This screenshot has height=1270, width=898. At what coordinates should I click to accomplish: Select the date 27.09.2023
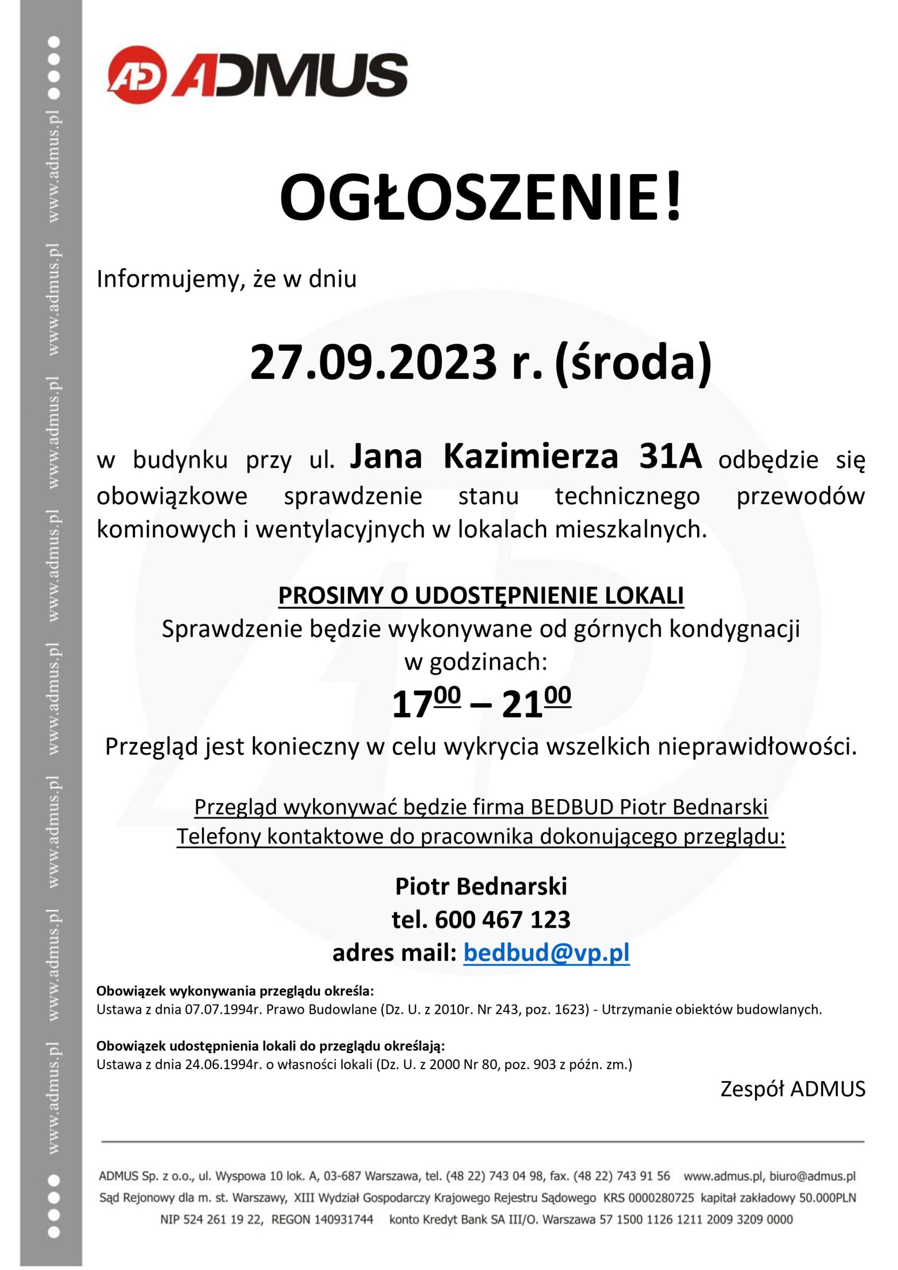[x=373, y=362]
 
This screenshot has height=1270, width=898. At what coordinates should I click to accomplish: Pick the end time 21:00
[x=536, y=703]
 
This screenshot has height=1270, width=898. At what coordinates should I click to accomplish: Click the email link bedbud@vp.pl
[x=546, y=952]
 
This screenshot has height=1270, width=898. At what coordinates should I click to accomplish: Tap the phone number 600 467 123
[x=503, y=919]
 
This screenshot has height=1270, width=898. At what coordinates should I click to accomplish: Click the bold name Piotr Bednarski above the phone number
[x=481, y=887]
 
